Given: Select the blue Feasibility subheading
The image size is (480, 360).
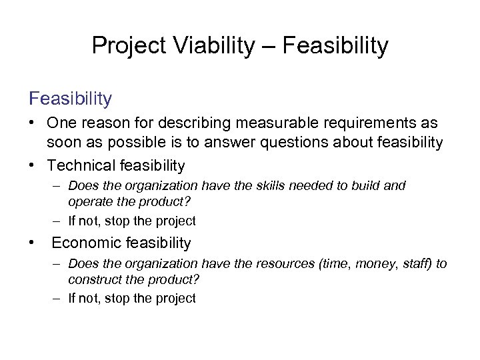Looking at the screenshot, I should (70, 99).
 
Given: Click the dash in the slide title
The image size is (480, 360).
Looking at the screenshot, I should (268, 45).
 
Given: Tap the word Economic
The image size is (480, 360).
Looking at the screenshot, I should (82, 243).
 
